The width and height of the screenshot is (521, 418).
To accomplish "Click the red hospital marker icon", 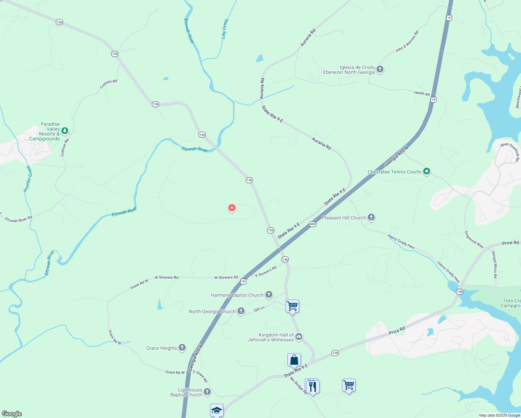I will coord(232,208).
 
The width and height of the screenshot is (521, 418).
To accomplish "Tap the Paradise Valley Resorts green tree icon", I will coord(64,131).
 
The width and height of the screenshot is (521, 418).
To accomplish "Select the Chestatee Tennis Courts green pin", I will coord(427,171).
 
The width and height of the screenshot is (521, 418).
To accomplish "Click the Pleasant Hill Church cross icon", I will coord(371,217).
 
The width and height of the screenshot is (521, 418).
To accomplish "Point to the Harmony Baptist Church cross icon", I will coord(269,295).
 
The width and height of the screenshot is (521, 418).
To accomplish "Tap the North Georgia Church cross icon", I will coord(241,311).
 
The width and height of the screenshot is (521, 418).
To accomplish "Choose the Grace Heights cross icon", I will coord(182,348).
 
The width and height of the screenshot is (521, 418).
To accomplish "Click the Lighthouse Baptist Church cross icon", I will coord(207,392).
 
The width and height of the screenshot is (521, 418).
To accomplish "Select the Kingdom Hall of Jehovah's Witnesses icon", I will coord(299,337).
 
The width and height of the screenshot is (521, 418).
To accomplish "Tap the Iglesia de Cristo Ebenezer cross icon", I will coord(380,69).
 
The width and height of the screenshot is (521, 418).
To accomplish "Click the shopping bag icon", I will coord(294,360).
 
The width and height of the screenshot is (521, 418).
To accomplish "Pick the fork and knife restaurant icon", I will coord(313,387).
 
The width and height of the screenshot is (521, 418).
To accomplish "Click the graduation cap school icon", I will coord(217,410).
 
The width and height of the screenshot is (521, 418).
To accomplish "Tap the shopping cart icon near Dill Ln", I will coord(292,307).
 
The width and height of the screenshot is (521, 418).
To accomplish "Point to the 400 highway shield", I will coord(312,224).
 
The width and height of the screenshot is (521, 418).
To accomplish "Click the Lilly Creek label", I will coord(225,29).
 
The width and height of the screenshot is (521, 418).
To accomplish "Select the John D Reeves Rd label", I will coord(407,42).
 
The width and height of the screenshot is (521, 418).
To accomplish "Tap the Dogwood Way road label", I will coord(474,240).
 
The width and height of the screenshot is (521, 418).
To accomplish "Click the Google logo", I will coord(12,414).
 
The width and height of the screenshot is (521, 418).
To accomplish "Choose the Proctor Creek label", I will coord(28,179).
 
